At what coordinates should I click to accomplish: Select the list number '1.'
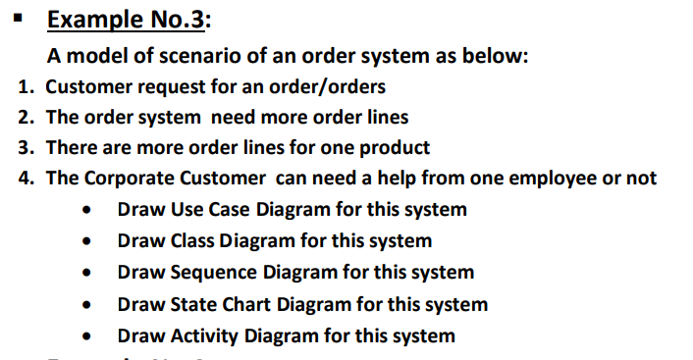tap(27, 85)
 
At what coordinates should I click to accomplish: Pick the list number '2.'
tap(27, 117)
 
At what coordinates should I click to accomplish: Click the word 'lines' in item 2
tap(386, 117)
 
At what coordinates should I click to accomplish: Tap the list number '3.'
tap(27, 148)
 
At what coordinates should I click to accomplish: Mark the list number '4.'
tap(27, 179)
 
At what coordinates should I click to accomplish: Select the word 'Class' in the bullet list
tap(191, 240)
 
